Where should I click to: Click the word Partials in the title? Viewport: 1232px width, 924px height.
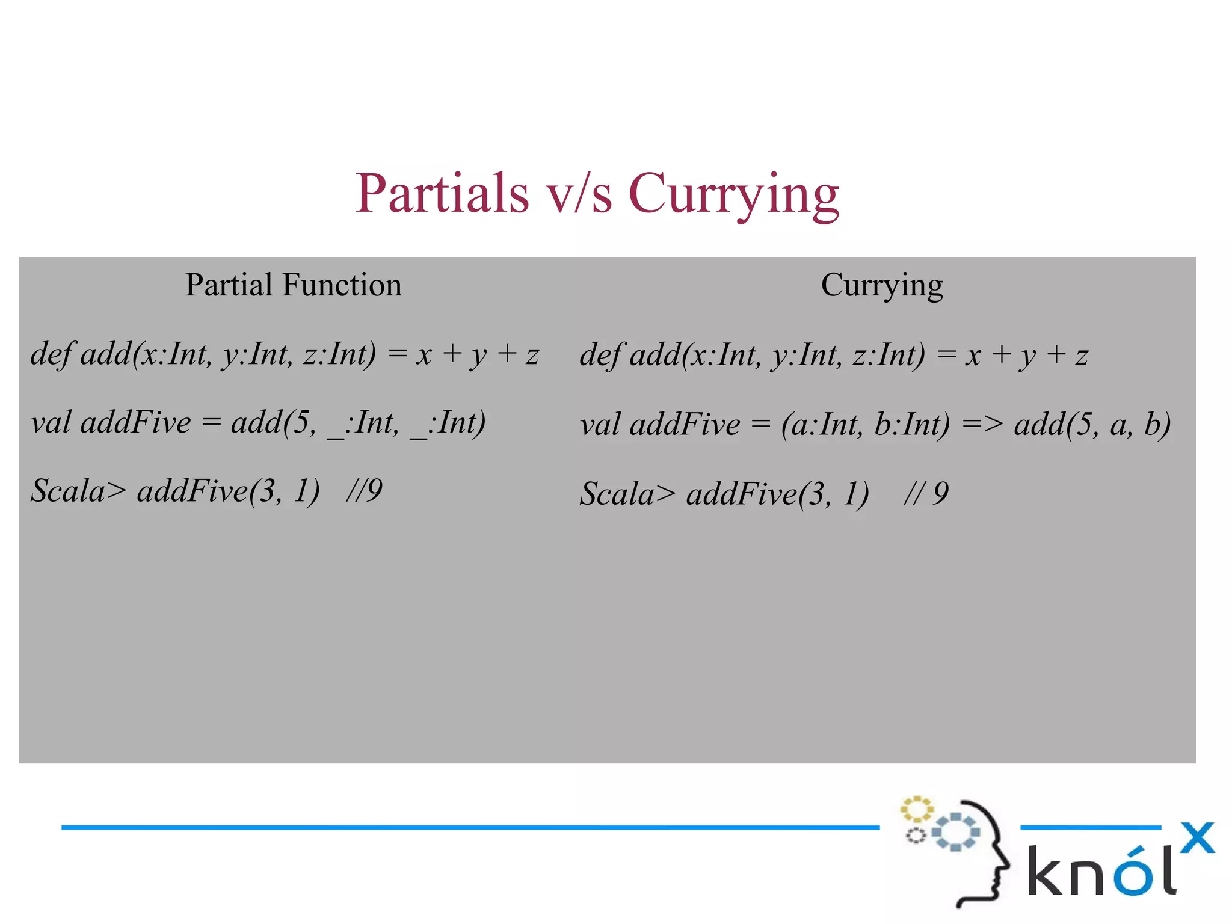pos(442,193)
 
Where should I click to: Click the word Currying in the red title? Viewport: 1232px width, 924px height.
pos(733,193)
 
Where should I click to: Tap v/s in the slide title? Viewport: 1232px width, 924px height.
pos(578,193)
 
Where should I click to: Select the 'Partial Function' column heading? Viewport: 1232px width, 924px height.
pos(293,285)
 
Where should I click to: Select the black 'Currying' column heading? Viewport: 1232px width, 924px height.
pos(882,285)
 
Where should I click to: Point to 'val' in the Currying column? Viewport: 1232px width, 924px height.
pos(600,425)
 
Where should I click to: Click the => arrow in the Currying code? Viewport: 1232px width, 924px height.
pos(982,425)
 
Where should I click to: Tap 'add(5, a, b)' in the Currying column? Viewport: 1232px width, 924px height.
pos(1092,425)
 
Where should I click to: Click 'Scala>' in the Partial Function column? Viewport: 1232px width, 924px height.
pos(78,491)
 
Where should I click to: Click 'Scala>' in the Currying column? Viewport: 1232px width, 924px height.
pos(627,494)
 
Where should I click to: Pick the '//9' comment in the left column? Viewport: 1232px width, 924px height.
pos(364,491)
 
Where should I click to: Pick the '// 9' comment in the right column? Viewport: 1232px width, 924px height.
pos(926,494)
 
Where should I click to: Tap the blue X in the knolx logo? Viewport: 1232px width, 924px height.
pos(1197,837)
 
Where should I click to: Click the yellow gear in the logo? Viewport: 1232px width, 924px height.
pos(916,809)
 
